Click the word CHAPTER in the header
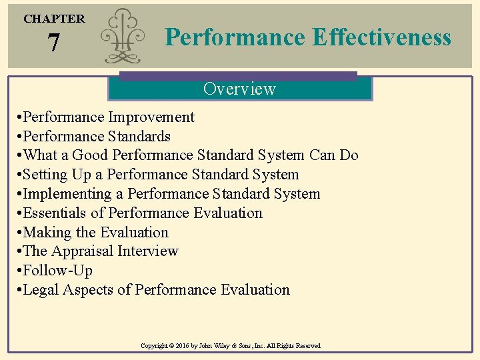tap(54, 19)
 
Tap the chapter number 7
tap(53, 44)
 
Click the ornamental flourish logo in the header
tap(123, 37)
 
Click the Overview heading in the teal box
tap(239, 89)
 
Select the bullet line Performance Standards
tap(97, 137)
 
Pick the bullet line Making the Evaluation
tap(95, 233)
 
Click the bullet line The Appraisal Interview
tap(100, 251)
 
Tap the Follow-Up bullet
tap(57, 271)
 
